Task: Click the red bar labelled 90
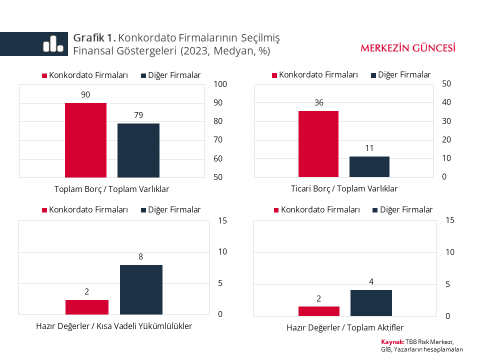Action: click(85, 140)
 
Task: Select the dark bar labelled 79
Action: click(138, 150)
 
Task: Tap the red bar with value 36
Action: click(318, 143)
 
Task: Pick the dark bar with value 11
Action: click(369, 166)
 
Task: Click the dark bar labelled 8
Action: click(141, 289)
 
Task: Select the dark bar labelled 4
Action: click(371, 303)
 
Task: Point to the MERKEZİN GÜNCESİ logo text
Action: click(408, 48)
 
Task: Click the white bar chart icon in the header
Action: click(53, 44)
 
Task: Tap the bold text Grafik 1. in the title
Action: click(94, 37)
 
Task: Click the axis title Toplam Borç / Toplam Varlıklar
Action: click(111, 189)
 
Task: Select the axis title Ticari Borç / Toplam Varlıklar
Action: click(344, 188)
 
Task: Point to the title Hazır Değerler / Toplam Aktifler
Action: click(345, 328)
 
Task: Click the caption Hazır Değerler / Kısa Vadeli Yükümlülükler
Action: click(114, 326)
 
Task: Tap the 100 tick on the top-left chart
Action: click(220, 84)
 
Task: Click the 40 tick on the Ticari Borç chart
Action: click(446, 102)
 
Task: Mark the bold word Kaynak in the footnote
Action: click(392, 342)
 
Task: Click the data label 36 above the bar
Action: click(319, 103)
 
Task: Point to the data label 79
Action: click(138, 115)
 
